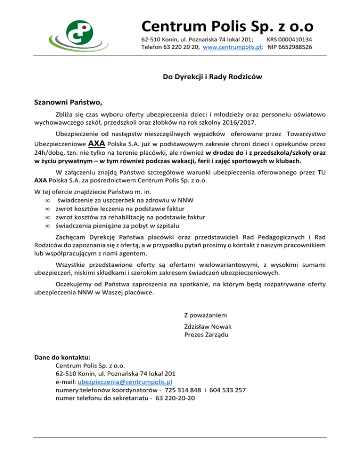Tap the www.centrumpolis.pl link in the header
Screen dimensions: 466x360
tap(232, 47)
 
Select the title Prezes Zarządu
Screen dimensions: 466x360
tap(208, 334)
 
